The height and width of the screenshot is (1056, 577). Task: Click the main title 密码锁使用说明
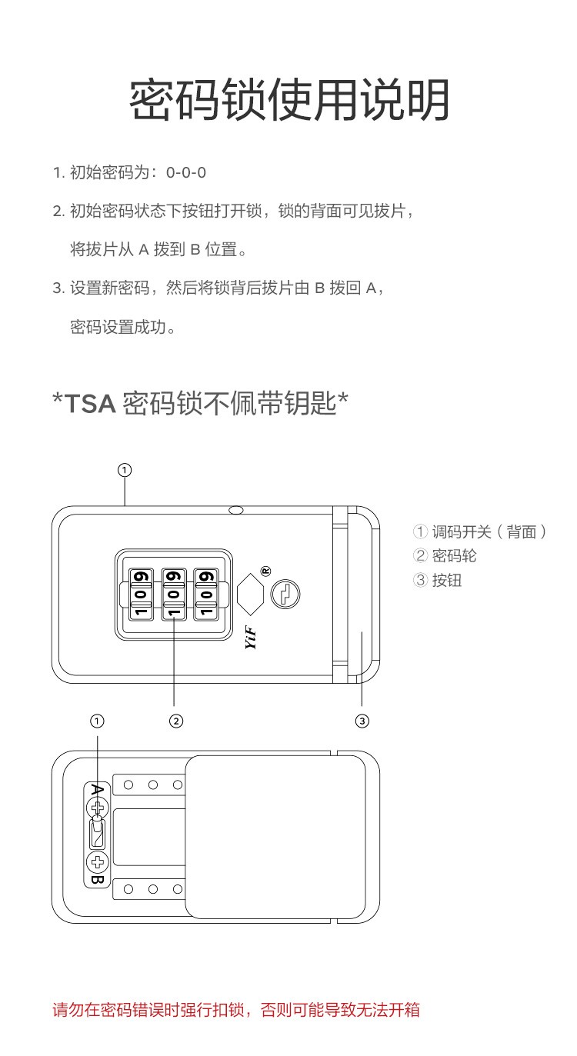[x=288, y=99]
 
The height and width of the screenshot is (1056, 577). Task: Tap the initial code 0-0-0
[x=185, y=172]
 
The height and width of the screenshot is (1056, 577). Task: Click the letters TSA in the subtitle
[x=90, y=404]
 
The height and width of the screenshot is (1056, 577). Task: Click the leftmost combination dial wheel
[x=141, y=594]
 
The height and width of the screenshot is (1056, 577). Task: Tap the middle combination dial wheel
[x=173, y=594]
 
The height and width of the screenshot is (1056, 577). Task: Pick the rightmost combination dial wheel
[x=206, y=594]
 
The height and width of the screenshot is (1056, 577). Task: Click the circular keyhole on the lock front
[x=285, y=594]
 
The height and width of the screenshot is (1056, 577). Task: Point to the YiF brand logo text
[x=251, y=638]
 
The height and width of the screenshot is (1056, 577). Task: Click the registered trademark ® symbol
[x=266, y=571]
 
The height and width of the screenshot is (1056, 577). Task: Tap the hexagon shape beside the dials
[x=250, y=594]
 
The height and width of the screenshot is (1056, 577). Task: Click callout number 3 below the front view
[x=362, y=721]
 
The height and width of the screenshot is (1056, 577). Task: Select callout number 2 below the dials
[x=176, y=721]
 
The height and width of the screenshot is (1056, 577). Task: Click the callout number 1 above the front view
[x=125, y=470]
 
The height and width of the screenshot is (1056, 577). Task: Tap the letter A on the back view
[x=97, y=790]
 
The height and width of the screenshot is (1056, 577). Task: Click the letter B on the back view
[x=97, y=879]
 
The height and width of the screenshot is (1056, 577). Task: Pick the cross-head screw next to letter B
[x=98, y=861]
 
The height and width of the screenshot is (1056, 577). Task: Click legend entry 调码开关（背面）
[x=480, y=531]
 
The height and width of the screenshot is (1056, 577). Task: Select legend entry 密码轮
[x=445, y=556]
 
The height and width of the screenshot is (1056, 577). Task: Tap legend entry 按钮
[x=438, y=580]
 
